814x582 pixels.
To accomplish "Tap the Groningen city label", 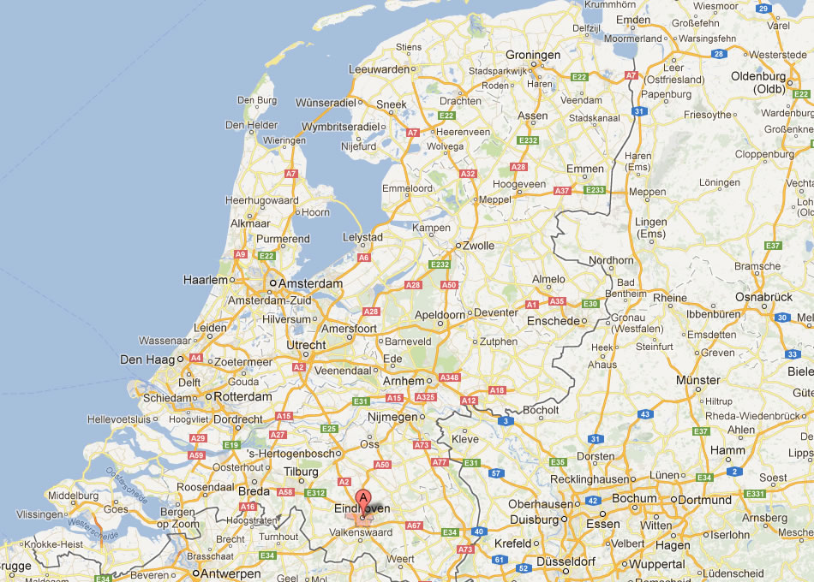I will point(533,55).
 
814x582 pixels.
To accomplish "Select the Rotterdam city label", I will point(243,397).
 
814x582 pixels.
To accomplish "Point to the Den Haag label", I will point(148,359).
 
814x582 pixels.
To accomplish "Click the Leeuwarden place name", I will point(379,69).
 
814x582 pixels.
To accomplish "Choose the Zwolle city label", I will point(478,246).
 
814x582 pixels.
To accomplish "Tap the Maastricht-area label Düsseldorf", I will point(567,561).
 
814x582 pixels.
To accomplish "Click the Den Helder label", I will point(251,125).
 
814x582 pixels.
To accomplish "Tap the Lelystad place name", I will point(362,237).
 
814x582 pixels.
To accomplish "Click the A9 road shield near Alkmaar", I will point(241,254).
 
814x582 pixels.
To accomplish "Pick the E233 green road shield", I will point(595,190).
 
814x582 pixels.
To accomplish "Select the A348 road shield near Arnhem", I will point(450,377).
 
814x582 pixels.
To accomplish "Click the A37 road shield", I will point(562,191).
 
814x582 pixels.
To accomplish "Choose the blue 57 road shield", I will point(495,472).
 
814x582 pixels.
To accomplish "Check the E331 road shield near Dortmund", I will point(755,494).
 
